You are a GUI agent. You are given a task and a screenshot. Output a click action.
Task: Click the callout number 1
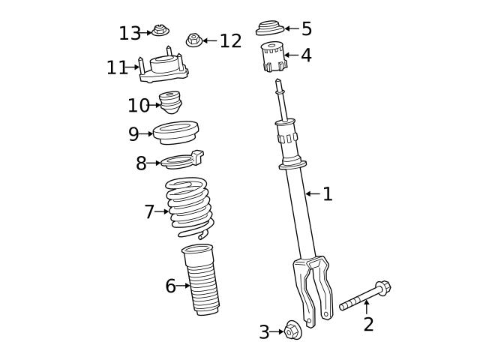click(328, 194)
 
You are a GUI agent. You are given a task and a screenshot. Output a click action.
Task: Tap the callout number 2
click(368, 325)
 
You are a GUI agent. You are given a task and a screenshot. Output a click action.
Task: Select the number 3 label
click(264, 332)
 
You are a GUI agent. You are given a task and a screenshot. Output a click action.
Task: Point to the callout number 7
click(149, 212)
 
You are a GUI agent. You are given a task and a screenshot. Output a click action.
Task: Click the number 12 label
click(230, 41)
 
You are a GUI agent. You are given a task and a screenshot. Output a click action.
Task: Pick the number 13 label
click(130, 34)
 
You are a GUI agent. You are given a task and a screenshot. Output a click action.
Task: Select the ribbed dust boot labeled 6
click(200, 281)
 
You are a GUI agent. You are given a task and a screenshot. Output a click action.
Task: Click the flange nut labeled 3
click(292, 331)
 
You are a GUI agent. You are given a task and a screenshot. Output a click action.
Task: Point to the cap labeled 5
click(269, 28)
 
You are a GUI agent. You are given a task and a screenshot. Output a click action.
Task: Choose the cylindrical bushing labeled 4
click(273, 58)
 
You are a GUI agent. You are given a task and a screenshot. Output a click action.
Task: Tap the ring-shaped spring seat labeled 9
click(175, 133)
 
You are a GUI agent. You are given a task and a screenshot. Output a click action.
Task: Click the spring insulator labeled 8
click(183, 160)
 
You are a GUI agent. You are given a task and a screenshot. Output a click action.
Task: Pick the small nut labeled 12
click(193, 39)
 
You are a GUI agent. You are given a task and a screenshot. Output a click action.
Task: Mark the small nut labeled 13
click(160, 31)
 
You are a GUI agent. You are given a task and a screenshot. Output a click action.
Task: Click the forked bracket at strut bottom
click(314, 285)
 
